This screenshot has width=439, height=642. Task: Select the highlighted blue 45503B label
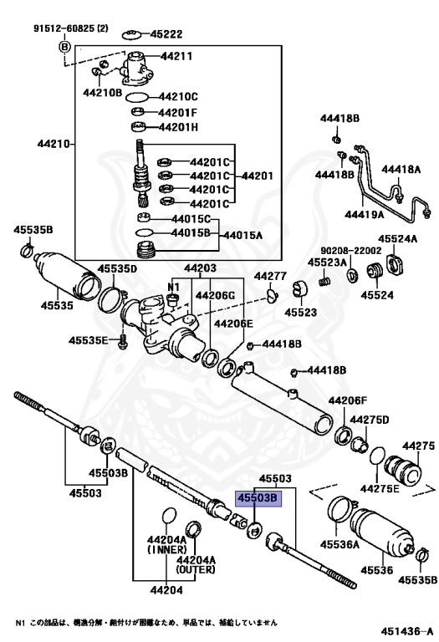[x=257, y=499]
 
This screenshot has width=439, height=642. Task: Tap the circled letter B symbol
[x=64, y=46]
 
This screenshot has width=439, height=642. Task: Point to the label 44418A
[x=401, y=170]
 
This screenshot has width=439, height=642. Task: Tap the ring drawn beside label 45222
[x=130, y=33]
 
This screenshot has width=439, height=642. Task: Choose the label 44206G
[x=217, y=295]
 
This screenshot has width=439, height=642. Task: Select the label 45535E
[x=89, y=340]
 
